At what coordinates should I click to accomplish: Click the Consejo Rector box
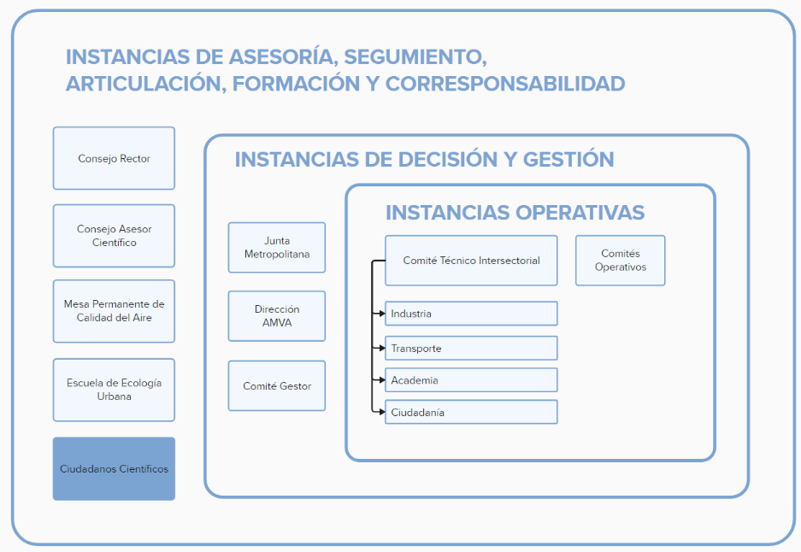point(114,158)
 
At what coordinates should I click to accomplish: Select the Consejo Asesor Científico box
point(114,236)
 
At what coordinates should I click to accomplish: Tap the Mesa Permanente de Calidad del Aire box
point(114,311)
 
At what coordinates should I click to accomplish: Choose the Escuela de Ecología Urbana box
point(114,390)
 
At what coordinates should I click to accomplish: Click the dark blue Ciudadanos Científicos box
point(114,468)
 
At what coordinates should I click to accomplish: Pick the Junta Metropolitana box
point(276,248)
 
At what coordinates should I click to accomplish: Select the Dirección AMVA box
point(276,316)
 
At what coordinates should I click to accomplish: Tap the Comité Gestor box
point(276,385)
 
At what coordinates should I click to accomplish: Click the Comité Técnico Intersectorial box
point(471,261)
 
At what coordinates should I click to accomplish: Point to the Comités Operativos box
point(620,261)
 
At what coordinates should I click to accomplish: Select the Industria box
point(471,314)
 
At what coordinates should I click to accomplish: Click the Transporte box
point(471,348)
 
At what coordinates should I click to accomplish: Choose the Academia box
point(471,379)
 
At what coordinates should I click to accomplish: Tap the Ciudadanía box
point(471,412)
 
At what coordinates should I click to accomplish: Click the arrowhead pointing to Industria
point(380,314)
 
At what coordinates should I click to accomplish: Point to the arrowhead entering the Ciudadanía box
point(380,412)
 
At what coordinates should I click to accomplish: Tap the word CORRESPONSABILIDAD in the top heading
point(505,84)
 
